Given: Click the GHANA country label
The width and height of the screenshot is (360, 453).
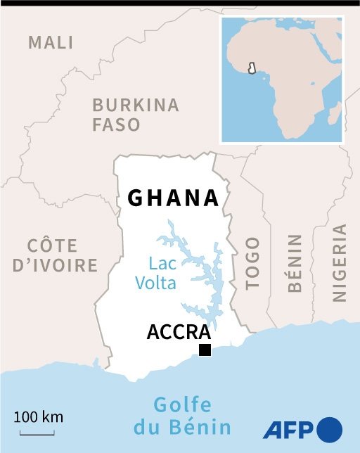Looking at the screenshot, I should click(173, 198).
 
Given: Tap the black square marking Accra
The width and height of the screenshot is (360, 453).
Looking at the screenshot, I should click(205, 350).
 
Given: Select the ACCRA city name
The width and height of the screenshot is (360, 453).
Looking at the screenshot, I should click(179, 332).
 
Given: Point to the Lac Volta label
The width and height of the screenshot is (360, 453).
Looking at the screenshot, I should click(162, 274).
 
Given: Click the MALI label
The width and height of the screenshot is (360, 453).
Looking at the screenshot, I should click(51, 42).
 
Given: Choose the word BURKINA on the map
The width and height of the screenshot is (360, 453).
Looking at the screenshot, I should click(136, 106).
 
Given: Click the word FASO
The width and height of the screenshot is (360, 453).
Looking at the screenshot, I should click(117, 125).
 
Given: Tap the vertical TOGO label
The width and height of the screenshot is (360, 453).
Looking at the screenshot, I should click(252, 263).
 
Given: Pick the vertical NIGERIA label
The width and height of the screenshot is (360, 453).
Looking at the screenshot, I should click(340, 262).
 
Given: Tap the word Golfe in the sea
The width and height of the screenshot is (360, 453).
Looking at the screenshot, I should click(182, 406).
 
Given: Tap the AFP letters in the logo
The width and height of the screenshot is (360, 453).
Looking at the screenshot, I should click(289, 428).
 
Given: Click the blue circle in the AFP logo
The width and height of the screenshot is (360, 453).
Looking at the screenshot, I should click(330, 428).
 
